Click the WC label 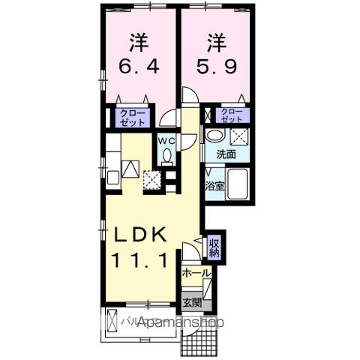tap(166, 140)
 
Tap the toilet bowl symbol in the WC tap(166, 156)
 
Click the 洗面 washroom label tap(226, 154)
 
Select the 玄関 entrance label tap(192, 303)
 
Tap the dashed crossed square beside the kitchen tap(153, 181)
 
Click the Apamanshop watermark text tap(172, 323)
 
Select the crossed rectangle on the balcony tap(113, 318)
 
